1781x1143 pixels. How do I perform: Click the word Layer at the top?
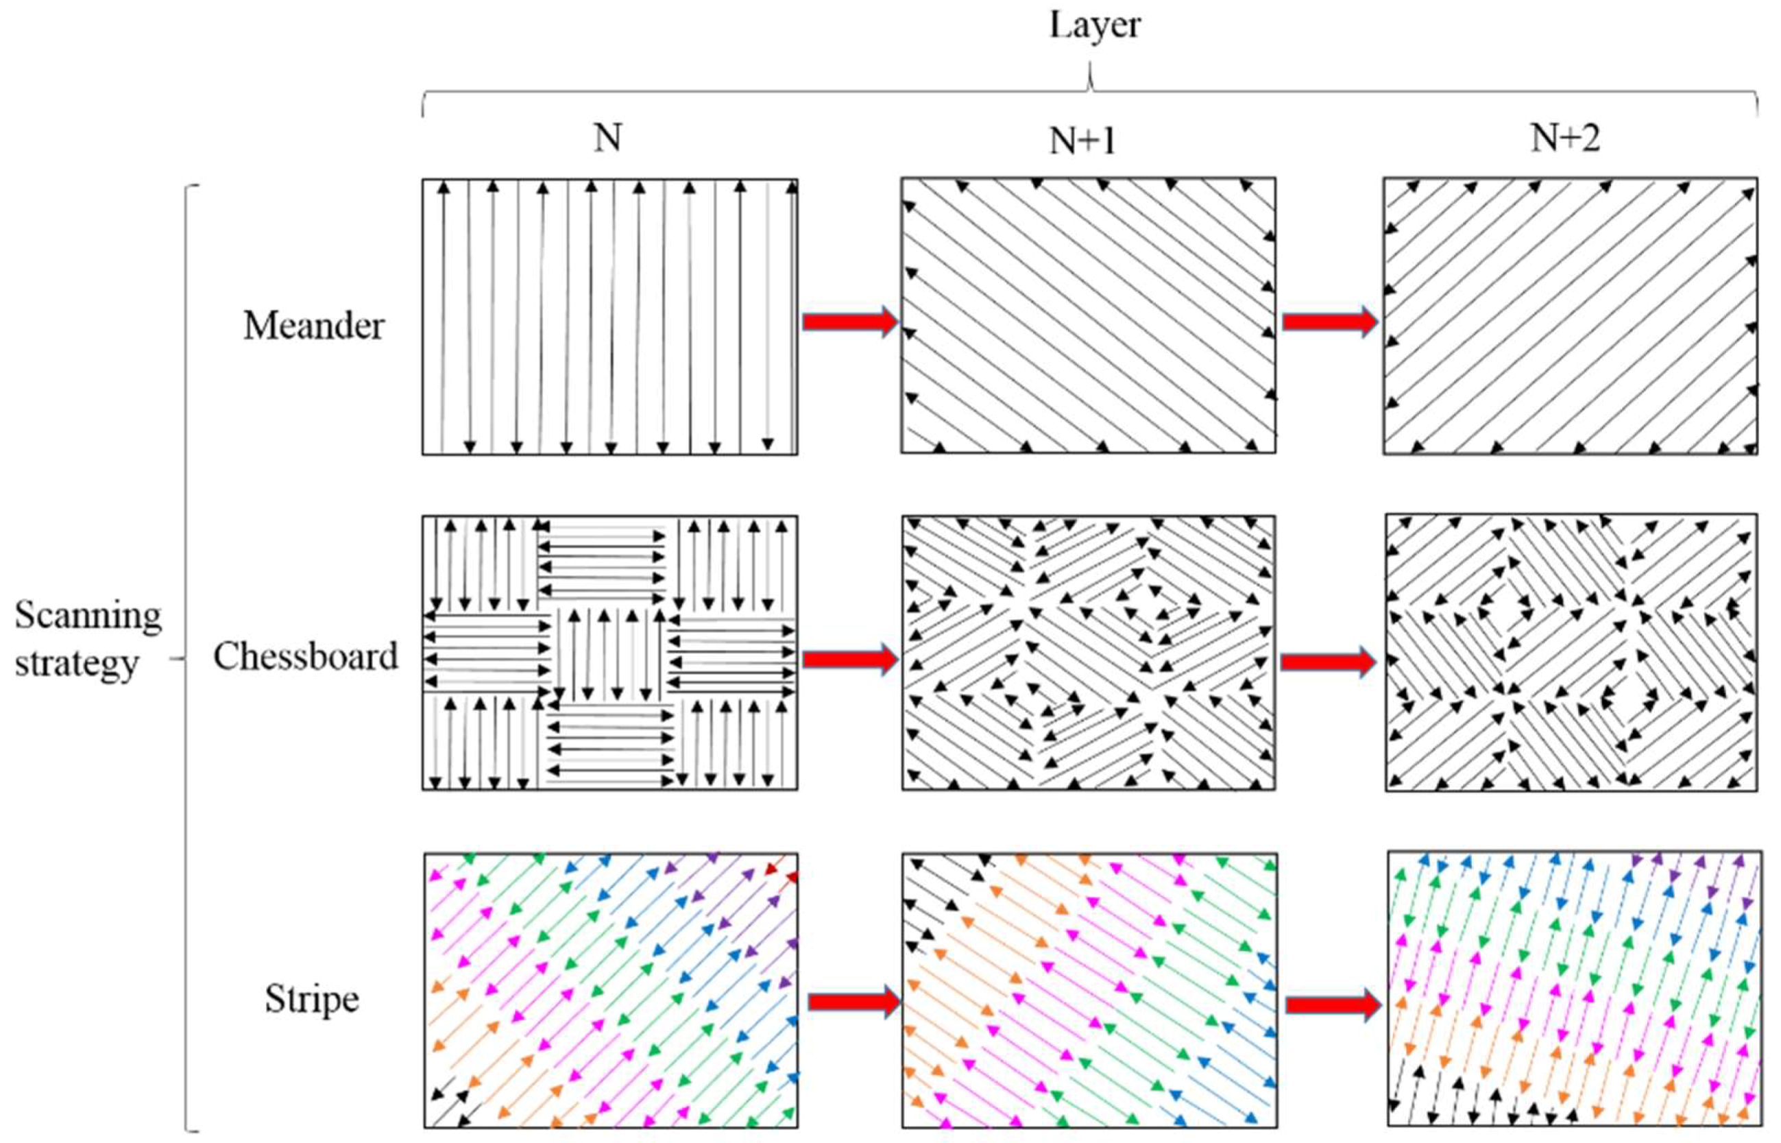click(x=1094, y=27)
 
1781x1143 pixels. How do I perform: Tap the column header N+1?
click(x=1082, y=140)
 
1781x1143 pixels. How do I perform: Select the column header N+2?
click(x=1565, y=138)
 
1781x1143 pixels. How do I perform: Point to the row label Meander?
click(x=314, y=326)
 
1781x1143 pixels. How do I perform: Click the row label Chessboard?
click(x=306, y=656)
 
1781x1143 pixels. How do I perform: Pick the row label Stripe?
click(x=312, y=999)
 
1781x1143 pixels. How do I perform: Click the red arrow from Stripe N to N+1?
click(x=853, y=1002)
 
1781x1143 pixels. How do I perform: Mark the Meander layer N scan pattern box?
click(x=610, y=316)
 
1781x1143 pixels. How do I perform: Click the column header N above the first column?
click(x=607, y=138)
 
